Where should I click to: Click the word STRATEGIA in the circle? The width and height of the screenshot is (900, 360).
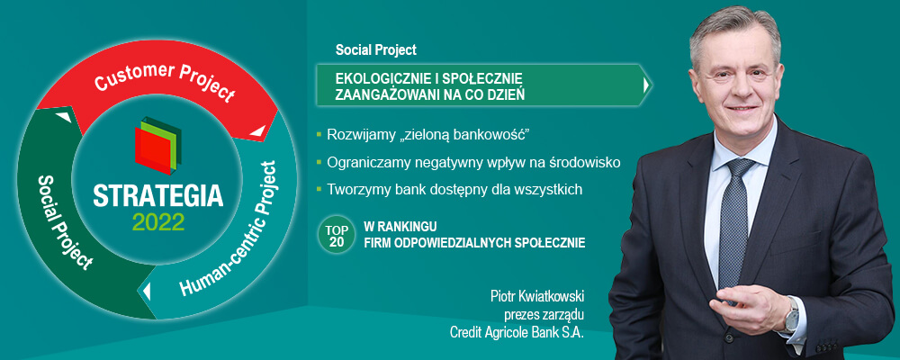(158, 196)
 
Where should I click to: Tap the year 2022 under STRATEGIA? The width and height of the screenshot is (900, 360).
(158, 221)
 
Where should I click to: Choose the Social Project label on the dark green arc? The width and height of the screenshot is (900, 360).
(63, 222)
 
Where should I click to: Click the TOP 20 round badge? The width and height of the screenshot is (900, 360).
(337, 236)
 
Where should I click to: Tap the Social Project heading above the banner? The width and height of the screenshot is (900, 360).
(376, 50)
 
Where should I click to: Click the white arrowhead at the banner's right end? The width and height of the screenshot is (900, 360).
(646, 85)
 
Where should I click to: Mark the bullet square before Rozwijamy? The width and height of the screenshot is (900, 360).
(319, 135)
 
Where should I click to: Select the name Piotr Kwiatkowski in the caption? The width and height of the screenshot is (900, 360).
(536, 297)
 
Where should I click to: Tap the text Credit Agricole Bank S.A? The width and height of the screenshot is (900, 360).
(517, 332)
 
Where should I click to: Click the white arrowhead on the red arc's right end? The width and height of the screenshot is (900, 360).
(257, 130)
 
